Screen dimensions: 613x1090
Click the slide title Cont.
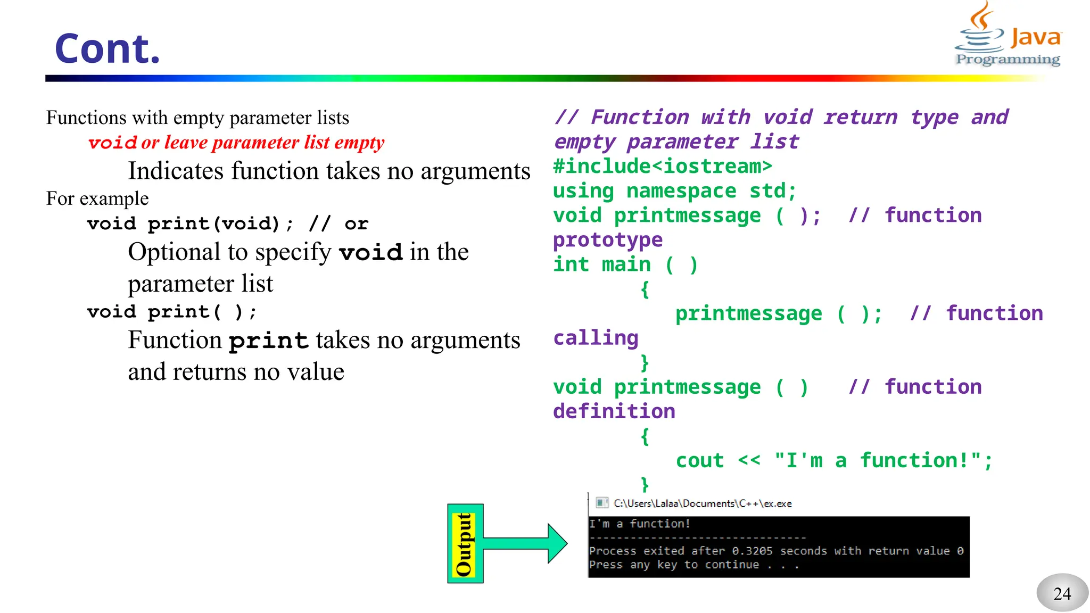point(107,49)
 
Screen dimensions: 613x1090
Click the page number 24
point(1062,593)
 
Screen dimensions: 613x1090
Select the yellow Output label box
point(465,544)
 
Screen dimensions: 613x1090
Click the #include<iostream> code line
point(662,167)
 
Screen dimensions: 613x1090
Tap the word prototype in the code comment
point(607,240)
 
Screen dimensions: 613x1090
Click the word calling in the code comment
point(596,338)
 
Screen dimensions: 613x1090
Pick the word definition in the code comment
point(614,411)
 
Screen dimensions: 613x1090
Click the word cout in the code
point(699,460)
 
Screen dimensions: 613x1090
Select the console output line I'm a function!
point(639,524)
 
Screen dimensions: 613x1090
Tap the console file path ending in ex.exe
point(703,503)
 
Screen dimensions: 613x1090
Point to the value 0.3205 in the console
point(752,551)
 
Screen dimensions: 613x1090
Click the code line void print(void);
point(189,223)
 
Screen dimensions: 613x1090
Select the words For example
point(97,198)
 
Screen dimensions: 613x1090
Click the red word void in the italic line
point(112,143)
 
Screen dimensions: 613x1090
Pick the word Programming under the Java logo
point(1008,59)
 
